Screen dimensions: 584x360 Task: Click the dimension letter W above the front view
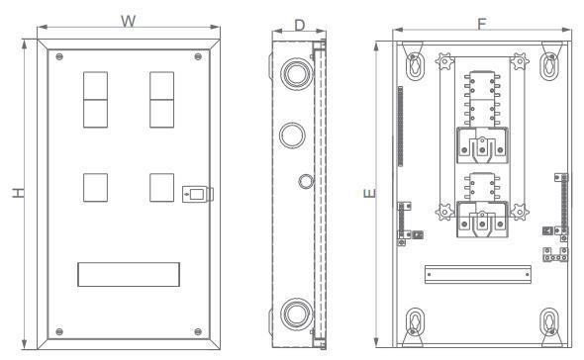[128, 21]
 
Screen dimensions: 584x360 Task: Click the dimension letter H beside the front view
[18, 193]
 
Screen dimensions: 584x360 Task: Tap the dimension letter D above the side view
[300, 26]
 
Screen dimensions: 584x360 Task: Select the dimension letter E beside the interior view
[370, 193]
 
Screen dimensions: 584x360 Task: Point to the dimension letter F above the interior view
[482, 24]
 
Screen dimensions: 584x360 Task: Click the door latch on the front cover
[197, 194]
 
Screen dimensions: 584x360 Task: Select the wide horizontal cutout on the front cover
[129, 274]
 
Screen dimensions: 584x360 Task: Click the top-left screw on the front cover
[59, 57]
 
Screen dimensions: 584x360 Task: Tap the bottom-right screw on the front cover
[198, 331]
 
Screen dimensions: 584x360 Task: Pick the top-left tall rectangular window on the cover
[95, 100]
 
